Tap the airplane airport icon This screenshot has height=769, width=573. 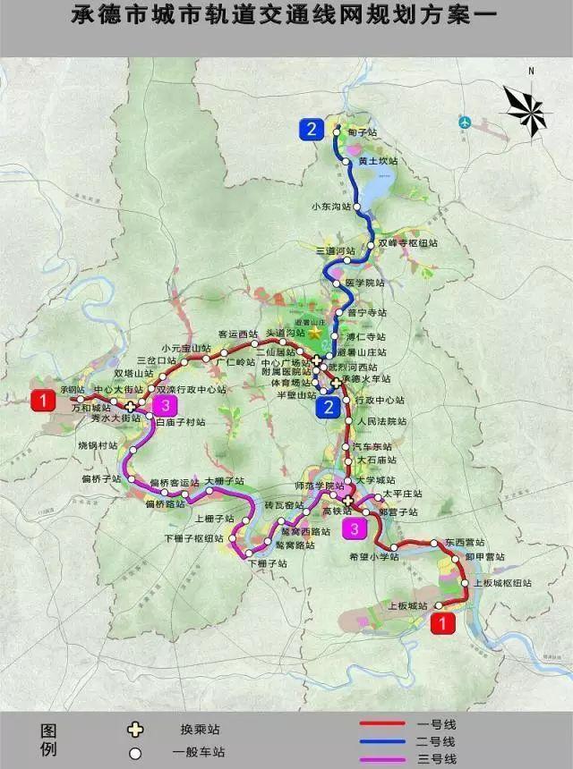(465, 121)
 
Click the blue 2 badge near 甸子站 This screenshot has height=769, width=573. (311, 130)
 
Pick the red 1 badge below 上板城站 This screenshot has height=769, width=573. (442, 625)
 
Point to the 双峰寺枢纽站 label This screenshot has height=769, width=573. (408, 242)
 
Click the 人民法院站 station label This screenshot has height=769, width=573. (381, 420)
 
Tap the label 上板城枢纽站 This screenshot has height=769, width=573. (502, 582)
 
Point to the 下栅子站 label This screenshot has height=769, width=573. (268, 564)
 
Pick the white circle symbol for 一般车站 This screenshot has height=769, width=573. (135, 753)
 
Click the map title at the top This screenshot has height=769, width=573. (286, 16)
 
